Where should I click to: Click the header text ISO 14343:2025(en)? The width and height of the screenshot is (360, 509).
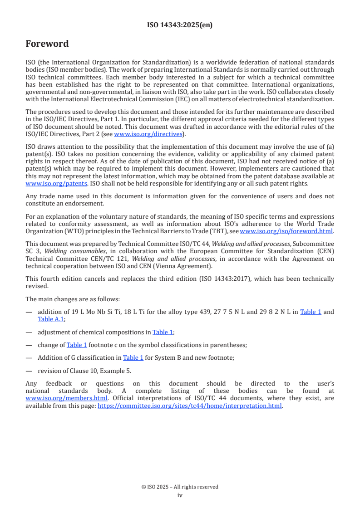[180, 25]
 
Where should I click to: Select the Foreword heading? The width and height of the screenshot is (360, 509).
[47, 44]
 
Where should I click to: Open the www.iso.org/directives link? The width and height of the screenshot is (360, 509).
[148, 134]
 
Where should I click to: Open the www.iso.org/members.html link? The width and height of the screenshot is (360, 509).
[66, 398]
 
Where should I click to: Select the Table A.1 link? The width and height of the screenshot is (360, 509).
[51, 319]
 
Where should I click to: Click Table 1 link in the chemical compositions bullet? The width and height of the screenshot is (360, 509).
[163, 332]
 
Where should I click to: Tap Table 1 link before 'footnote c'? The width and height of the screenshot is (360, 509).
[77, 345]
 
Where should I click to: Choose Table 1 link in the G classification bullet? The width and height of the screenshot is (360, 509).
[133, 357]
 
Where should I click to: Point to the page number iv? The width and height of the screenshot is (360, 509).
[180, 495]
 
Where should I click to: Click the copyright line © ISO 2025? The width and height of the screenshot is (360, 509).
[180, 487]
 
